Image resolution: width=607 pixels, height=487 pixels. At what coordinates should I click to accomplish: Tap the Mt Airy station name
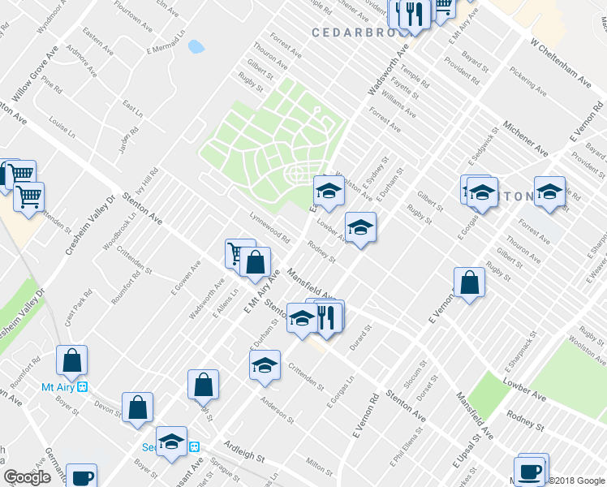tap(58, 387)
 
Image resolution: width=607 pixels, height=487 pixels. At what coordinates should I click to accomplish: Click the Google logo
tap(27, 477)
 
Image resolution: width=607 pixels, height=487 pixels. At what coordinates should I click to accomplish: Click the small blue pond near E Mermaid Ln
tap(196, 46)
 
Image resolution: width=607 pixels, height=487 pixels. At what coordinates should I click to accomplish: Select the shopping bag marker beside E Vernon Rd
tap(469, 283)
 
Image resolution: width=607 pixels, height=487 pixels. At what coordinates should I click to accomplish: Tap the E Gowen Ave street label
tap(185, 277)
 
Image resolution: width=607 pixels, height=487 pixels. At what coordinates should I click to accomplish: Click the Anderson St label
tap(277, 408)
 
